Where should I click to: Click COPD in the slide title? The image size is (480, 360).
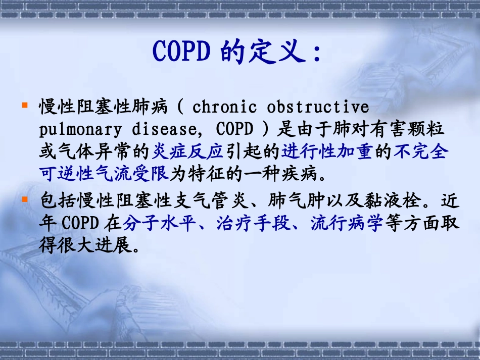click(181, 51)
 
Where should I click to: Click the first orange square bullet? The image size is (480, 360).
click(24, 105)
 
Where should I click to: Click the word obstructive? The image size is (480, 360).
click(318, 108)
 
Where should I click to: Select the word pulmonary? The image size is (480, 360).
click(80, 130)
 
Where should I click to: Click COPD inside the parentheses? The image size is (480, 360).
click(234, 130)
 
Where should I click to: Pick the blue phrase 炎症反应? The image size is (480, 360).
click(187, 152)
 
